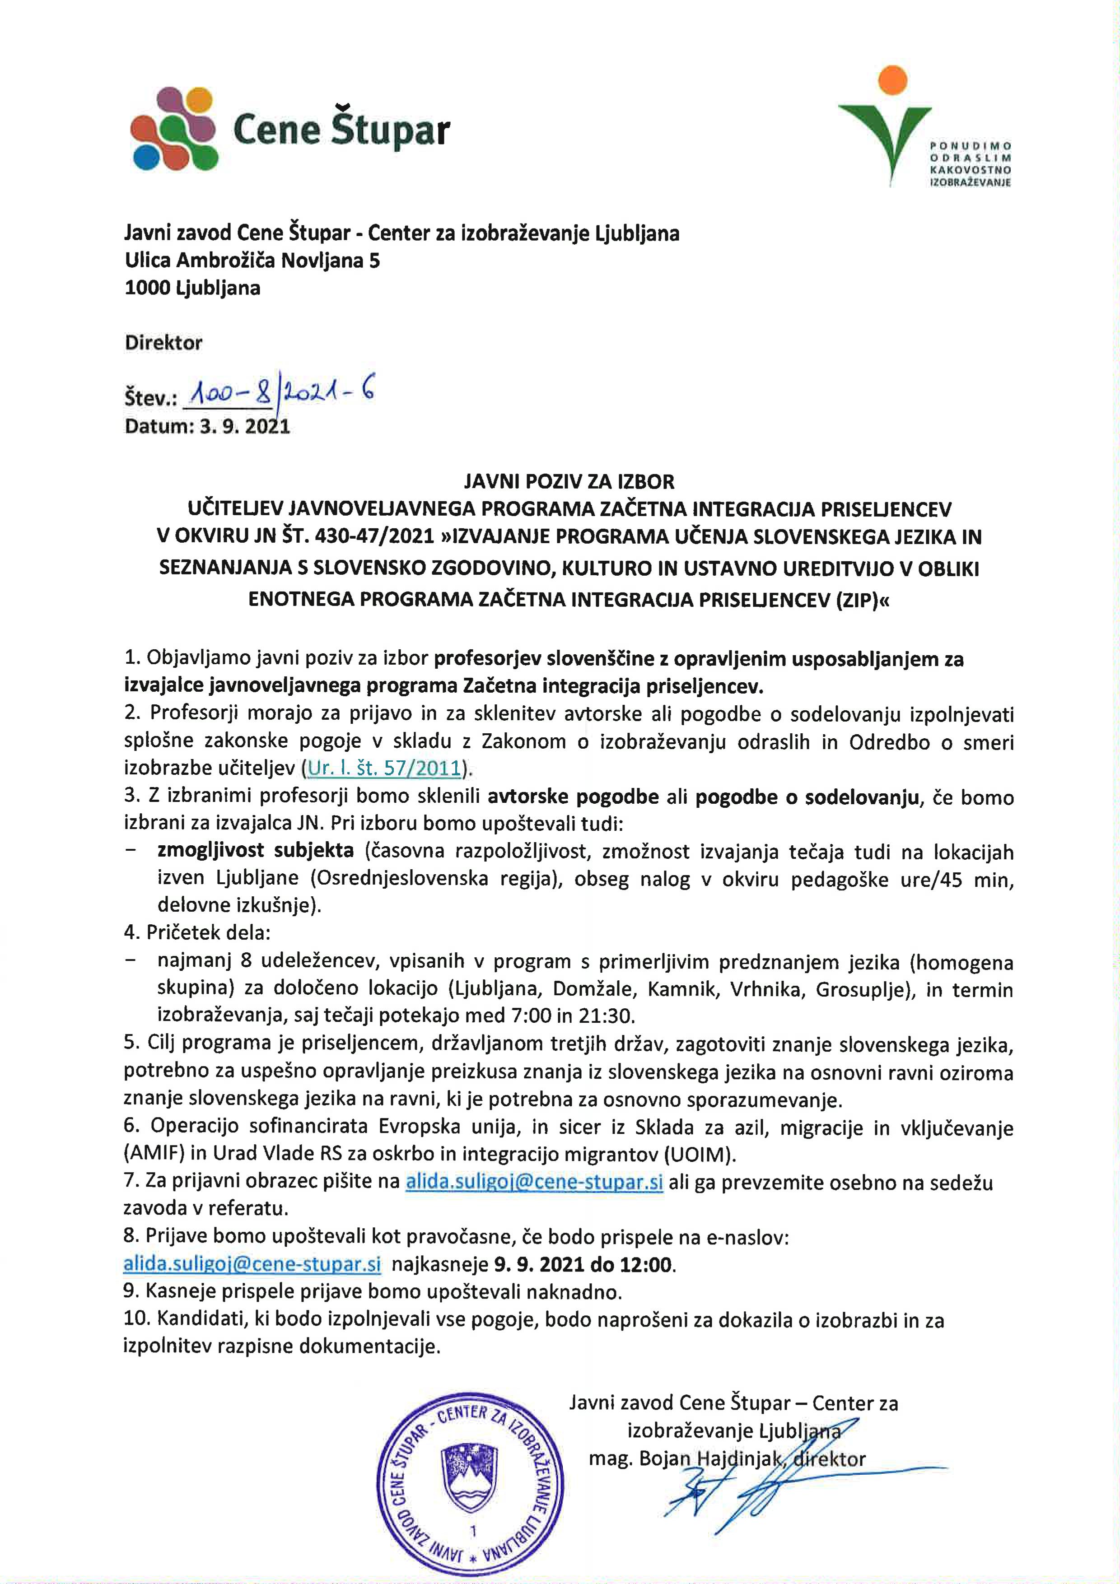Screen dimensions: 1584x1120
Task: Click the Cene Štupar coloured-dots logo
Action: pyautogui.click(x=174, y=129)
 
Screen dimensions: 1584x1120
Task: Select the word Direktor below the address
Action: pyautogui.click(x=163, y=343)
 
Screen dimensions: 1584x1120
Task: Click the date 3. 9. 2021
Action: pyautogui.click(x=245, y=426)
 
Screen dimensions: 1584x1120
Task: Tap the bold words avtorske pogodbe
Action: pyautogui.click(x=573, y=797)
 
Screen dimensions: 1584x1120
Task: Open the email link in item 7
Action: pyautogui.click(x=534, y=1182)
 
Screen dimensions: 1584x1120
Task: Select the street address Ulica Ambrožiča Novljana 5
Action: pyautogui.click(x=252, y=261)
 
